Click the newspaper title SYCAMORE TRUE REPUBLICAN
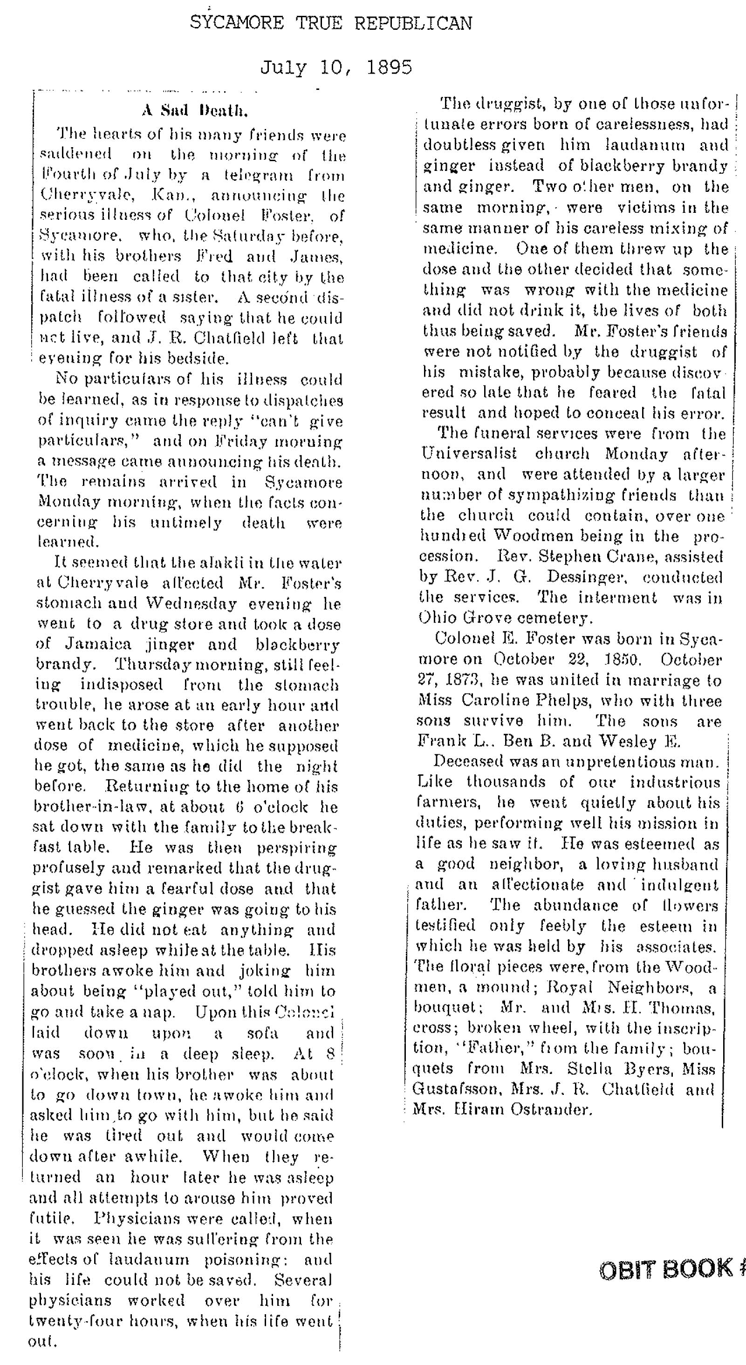[x=331, y=24]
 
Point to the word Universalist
[x=469, y=454]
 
